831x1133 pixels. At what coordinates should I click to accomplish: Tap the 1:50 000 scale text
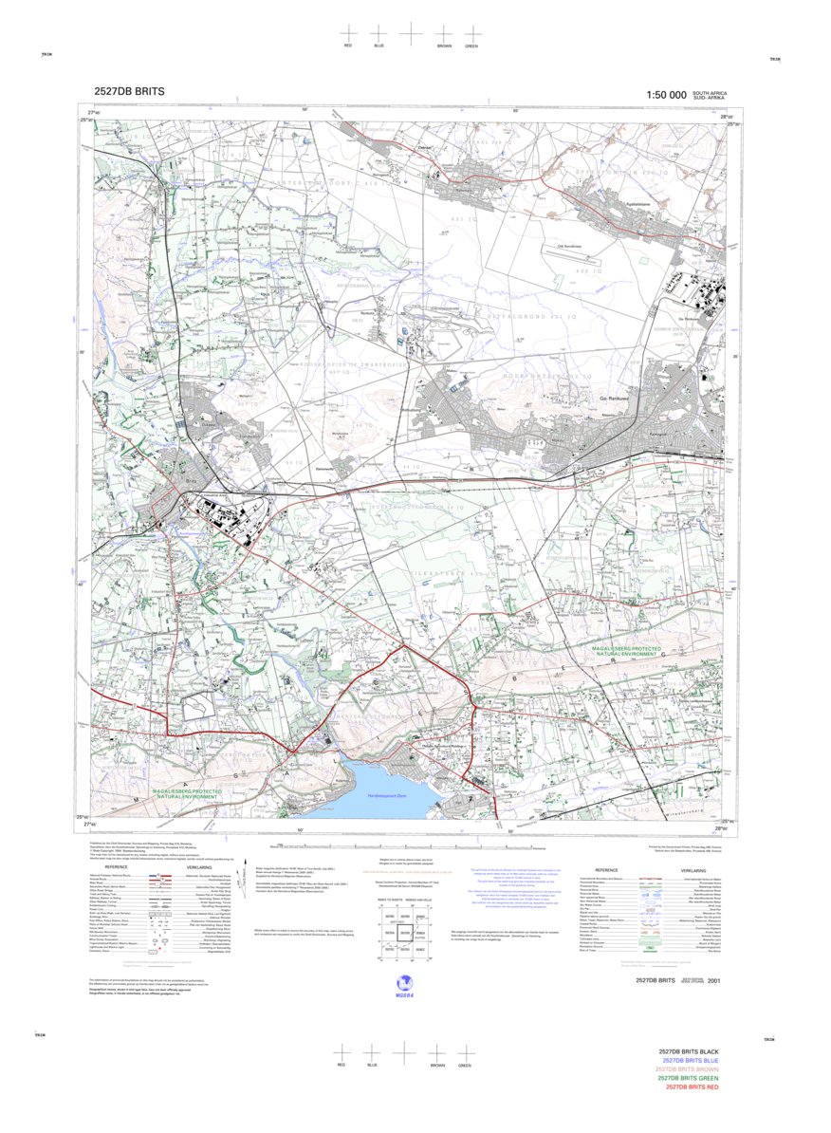click(666, 95)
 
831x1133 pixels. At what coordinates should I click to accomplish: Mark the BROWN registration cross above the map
click(443, 33)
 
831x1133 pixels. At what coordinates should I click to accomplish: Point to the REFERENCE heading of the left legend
click(117, 867)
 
